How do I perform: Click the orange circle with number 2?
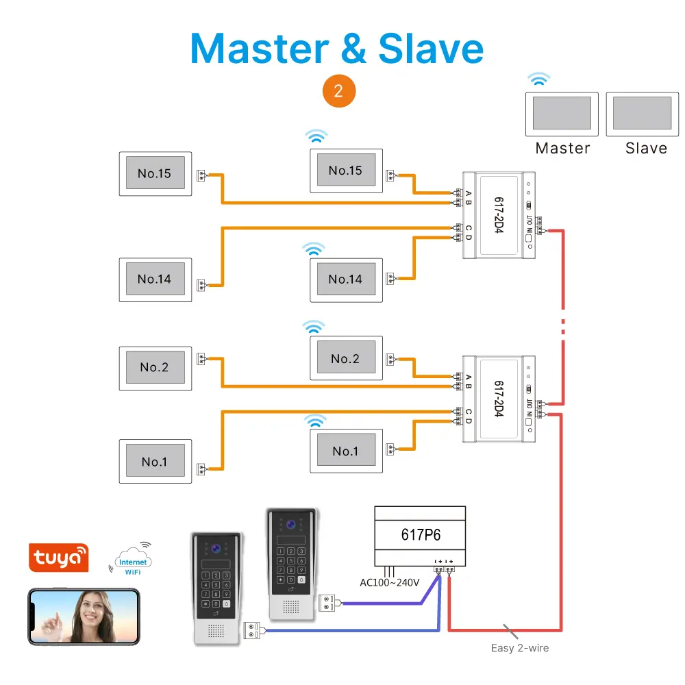point(338,92)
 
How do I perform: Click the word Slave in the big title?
point(431,50)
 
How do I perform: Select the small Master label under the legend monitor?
point(562,148)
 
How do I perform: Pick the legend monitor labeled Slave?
point(642,113)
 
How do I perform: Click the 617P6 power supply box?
point(420,534)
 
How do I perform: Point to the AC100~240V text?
point(390,583)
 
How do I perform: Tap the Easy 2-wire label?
point(519,647)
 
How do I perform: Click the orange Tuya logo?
point(58,558)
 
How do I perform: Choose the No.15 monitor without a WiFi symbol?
point(155,174)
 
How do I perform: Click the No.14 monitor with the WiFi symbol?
point(345,279)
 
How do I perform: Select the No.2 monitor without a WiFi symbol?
point(155,368)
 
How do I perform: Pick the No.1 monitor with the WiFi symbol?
point(345,451)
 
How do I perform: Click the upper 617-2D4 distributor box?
point(499,214)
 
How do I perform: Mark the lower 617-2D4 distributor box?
point(499,399)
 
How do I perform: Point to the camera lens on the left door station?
point(216,549)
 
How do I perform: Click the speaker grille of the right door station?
point(292,606)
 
